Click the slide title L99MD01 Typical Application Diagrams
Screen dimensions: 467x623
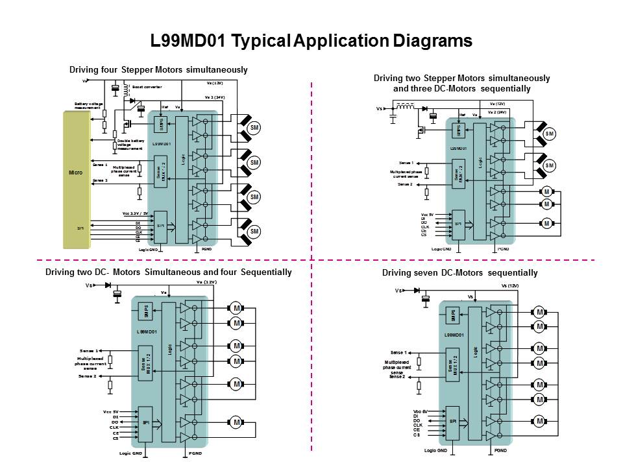pos(311,42)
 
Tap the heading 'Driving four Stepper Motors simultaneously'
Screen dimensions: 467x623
pos(158,69)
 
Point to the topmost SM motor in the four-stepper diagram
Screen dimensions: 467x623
pos(255,128)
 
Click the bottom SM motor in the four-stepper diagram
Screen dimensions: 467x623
pos(255,232)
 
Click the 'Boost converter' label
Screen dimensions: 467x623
pos(147,86)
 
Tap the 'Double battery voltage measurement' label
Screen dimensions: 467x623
pos(130,144)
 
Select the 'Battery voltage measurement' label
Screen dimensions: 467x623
pos(87,106)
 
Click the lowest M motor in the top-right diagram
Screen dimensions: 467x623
pos(546,223)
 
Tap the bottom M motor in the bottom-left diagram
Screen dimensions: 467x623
pos(237,422)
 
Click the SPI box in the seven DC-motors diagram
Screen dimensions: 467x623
pos(452,422)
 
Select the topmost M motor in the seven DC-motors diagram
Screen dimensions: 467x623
pos(539,311)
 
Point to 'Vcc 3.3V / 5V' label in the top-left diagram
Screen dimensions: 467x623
pos(136,213)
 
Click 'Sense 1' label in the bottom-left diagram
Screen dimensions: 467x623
pos(89,350)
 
